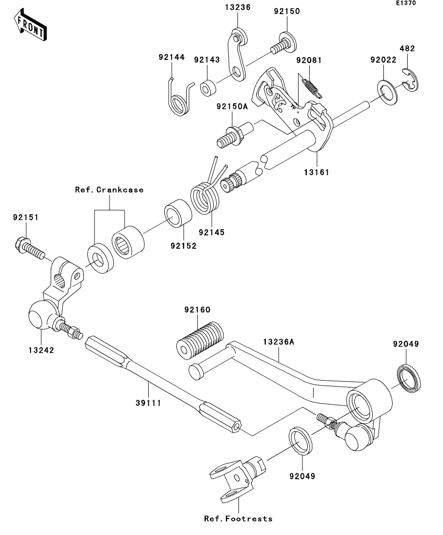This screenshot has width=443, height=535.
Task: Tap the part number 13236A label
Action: [x=279, y=342]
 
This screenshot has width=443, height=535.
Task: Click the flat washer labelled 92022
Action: [x=387, y=92]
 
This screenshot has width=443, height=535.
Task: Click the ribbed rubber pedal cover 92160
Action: [x=200, y=340]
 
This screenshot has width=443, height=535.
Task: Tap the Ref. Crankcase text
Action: [x=109, y=190]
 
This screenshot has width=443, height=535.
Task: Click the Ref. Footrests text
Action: [x=238, y=519]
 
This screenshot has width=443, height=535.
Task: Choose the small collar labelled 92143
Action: [x=207, y=88]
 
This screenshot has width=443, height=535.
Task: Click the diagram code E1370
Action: [x=406, y=3]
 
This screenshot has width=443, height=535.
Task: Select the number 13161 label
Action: [x=317, y=172]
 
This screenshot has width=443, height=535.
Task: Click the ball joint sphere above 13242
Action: [x=40, y=315]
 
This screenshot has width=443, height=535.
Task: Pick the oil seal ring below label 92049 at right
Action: [x=409, y=378]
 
